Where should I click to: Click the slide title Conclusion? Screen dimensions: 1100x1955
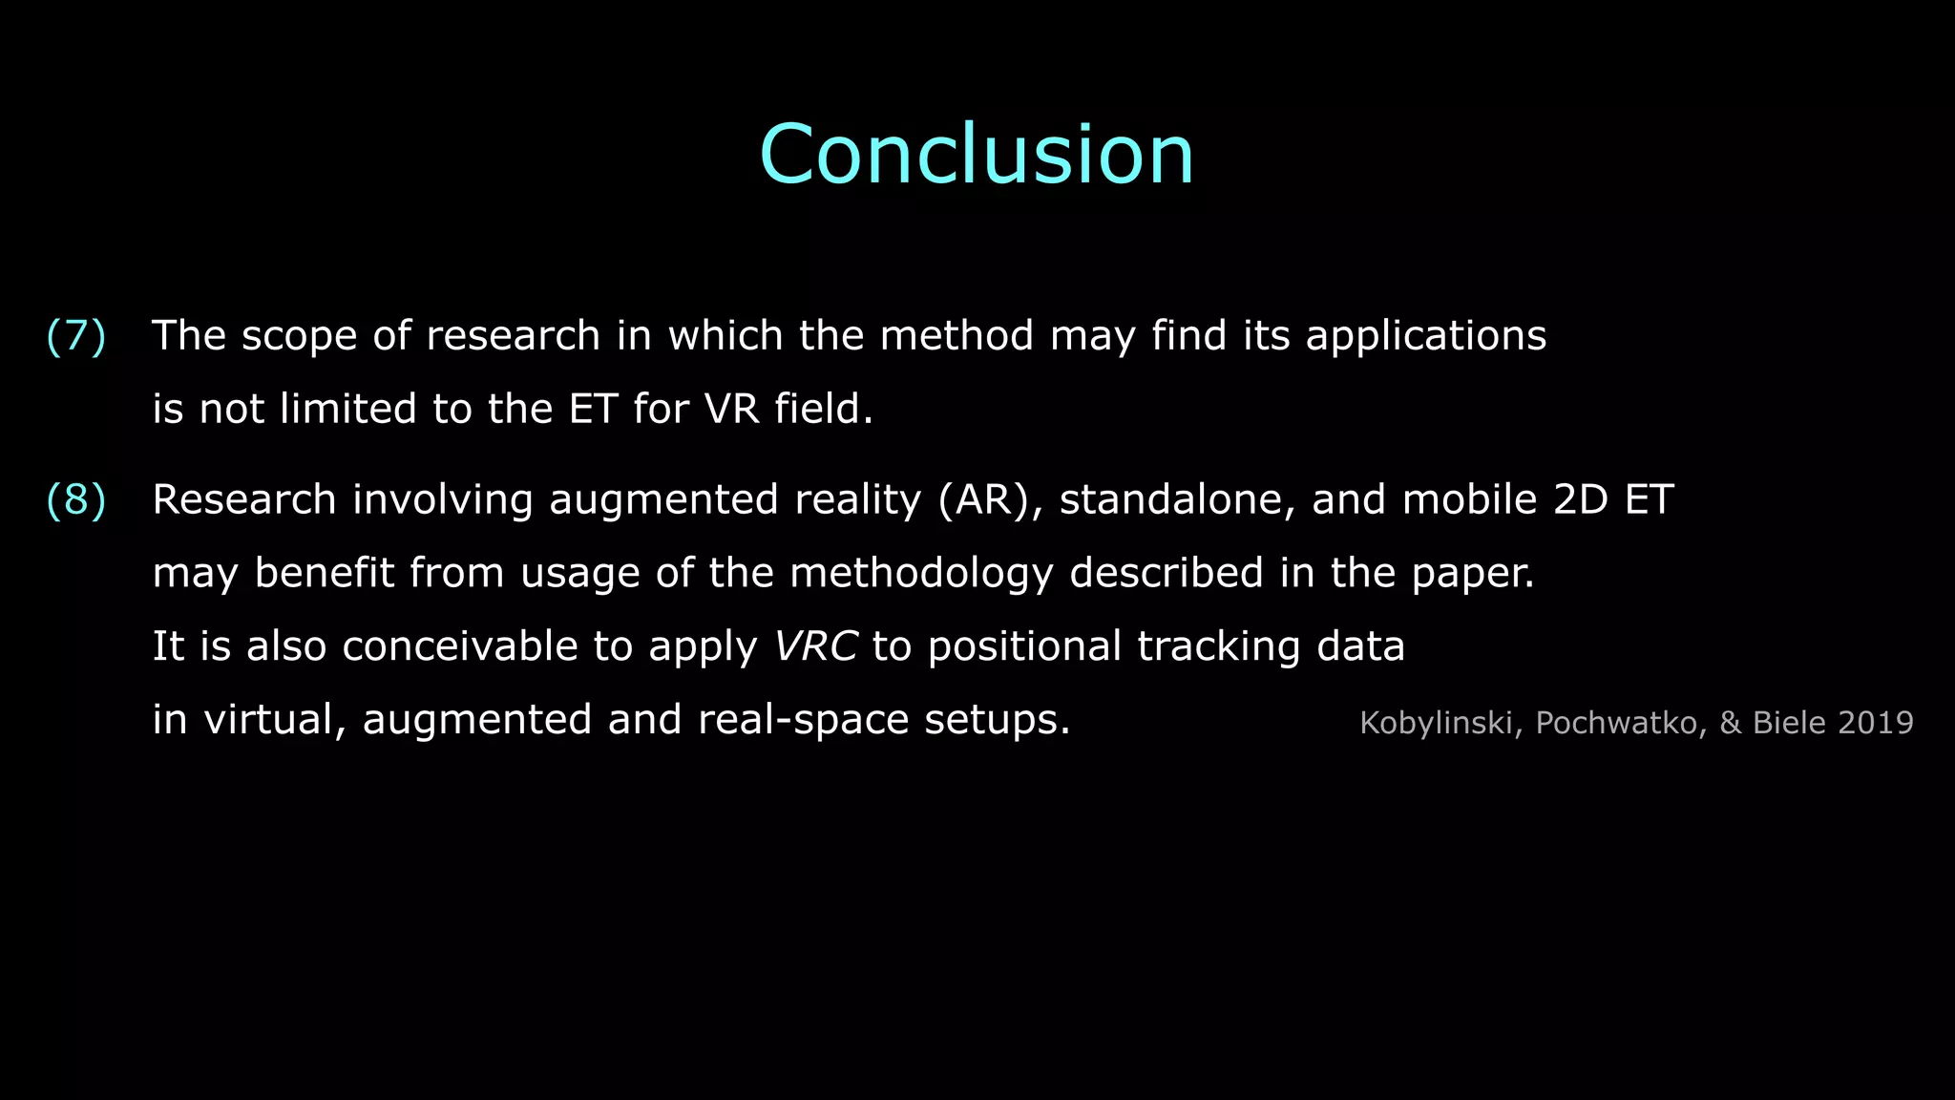[x=977, y=155]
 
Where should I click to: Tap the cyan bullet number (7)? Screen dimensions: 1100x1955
[x=76, y=336]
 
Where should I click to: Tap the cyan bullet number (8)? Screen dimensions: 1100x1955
[x=76, y=500]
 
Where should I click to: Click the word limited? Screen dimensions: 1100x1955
[x=348, y=410]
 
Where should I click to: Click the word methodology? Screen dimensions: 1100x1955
[x=921, y=574]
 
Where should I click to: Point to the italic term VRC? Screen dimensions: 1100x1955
[x=815, y=646]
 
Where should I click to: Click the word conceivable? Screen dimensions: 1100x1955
[x=460, y=646]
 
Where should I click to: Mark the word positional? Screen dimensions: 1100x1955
[x=1024, y=646]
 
